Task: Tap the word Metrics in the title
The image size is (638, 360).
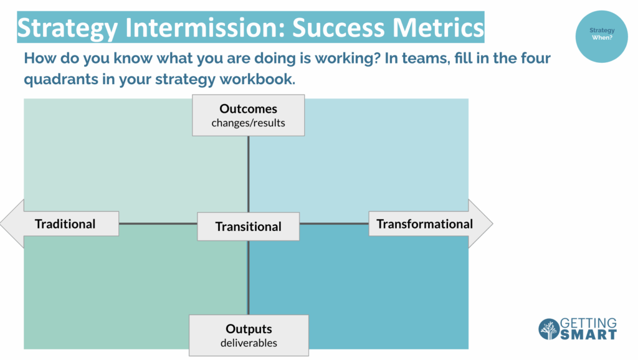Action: click(x=438, y=27)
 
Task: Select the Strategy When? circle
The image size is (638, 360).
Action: click(x=601, y=36)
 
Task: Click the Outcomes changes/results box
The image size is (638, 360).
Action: click(x=248, y=115)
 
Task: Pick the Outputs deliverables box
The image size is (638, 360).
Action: click(x=249, y=336)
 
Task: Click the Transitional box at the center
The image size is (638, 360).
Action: click(x=248, y=226)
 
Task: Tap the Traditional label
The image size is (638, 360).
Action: click(x=65, y=224)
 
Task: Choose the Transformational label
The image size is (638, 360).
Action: click(x=424, y=224)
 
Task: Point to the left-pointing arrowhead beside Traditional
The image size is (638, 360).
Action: click(x=12, y=224)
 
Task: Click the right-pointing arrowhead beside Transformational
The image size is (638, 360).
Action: click(x=481, y=224)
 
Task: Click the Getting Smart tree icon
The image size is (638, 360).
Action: click(x=548, y=329)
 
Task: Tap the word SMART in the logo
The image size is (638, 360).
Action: click(x=588, y=334)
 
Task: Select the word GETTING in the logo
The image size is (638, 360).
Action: click(x=588, y=323)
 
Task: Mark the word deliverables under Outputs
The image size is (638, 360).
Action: click(x=249, y=343)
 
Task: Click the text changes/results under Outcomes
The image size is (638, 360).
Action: click(x=248, y=123)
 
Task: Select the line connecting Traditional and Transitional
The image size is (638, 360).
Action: click(x=158, y=224)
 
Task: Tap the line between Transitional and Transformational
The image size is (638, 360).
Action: click(x=334, y=224)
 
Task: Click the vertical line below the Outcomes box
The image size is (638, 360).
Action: click(x=248, y=174)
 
